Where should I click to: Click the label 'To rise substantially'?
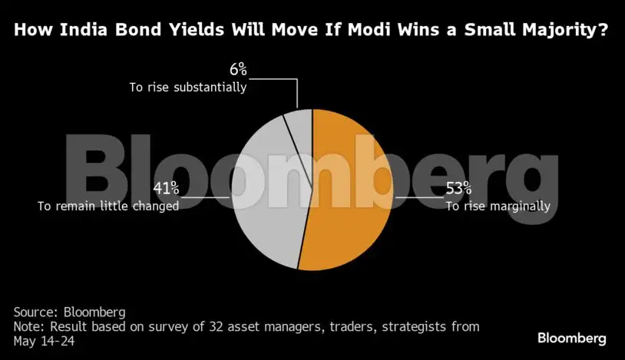pos(187,88)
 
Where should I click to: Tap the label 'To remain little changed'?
pos(108,205)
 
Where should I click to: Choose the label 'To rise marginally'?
pos(498,205)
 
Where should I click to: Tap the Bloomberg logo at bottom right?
pos(571,338)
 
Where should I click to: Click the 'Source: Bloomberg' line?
pos(69,312)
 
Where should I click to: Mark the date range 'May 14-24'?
pos(44,341)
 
